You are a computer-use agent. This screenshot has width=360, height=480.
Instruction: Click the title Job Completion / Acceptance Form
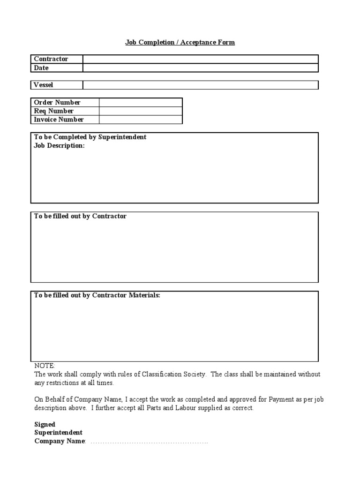(180, 43)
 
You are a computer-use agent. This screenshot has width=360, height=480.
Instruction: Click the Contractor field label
(51, 59)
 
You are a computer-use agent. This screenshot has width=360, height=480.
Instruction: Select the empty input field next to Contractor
(201, 59)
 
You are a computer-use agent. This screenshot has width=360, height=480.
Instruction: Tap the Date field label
(41, 68)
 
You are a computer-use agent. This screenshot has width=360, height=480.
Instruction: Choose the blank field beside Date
(201, 68)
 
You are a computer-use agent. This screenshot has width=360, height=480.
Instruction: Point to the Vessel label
(44, 85)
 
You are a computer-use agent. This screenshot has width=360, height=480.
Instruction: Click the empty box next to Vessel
(201, 85)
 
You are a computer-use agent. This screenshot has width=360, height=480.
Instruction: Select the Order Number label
(57, 102)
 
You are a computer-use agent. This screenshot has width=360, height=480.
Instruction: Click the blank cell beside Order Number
(140, 102)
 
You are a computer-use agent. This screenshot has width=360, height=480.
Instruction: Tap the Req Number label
(54, 111)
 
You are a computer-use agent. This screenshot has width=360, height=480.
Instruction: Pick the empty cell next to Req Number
(140, 111)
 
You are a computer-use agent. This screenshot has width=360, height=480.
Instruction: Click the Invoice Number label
(59, 120)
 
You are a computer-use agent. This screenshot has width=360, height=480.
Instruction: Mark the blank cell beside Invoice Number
(140, 120)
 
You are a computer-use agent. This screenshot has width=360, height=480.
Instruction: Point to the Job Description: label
(60, 146)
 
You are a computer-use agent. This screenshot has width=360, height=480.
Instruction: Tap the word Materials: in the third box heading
(144, 295)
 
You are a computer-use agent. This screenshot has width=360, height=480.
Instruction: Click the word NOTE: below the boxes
(45, 366)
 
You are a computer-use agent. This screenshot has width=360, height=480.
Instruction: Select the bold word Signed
(45, 425)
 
